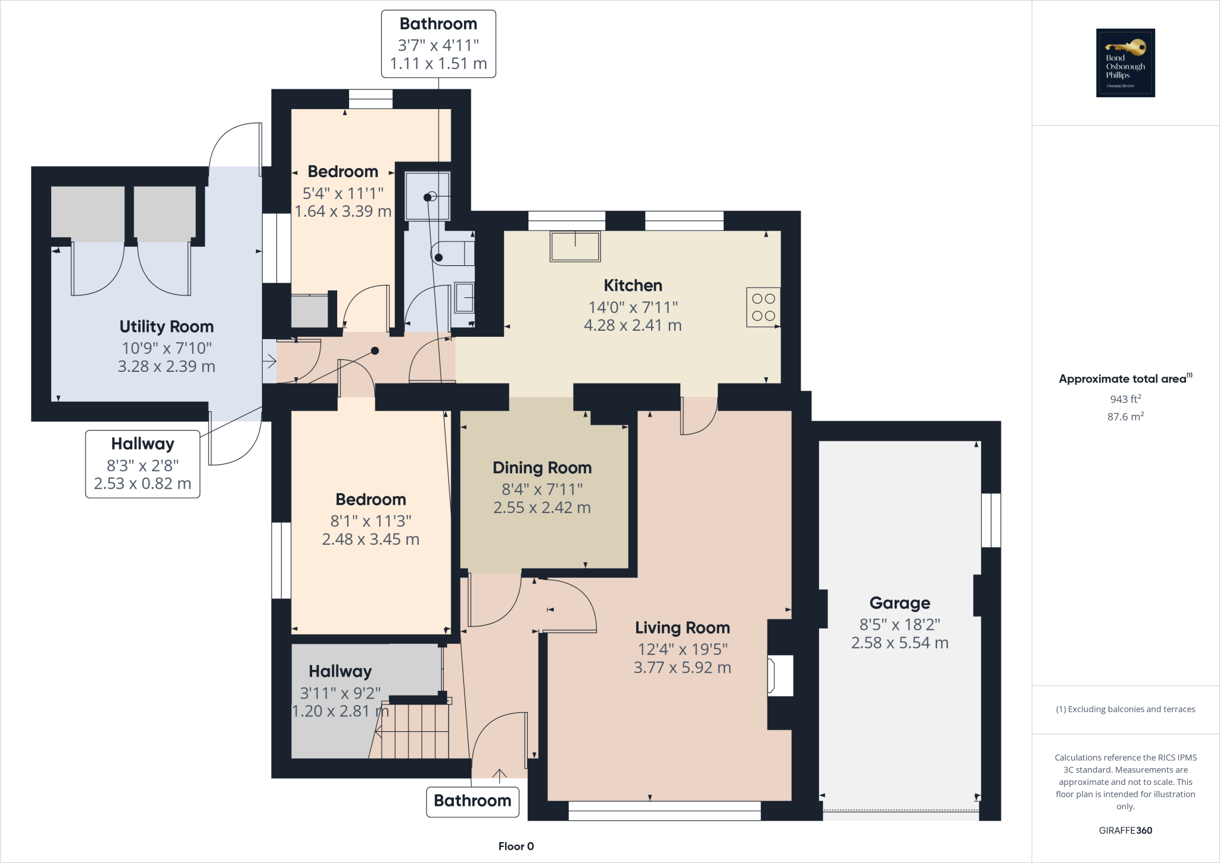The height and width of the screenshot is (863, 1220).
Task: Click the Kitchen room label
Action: click(633, 285)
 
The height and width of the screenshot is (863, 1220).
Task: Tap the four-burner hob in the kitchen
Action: click(763, 308)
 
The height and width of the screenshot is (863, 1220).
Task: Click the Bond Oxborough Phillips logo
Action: click(1125, 63)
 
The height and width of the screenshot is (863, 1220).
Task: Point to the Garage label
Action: click(900, 603)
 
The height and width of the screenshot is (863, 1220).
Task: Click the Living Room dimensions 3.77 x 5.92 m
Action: click(682, 668)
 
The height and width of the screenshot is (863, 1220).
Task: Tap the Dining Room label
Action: click(542, 468)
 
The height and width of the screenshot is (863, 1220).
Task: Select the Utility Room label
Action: click(166, 327)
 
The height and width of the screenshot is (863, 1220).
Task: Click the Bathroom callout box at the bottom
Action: click(472, 801)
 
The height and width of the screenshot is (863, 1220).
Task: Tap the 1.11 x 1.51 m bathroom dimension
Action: click(438, 64)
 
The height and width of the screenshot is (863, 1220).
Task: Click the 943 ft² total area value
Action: click(1125, 399)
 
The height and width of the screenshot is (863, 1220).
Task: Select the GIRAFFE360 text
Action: click(1125, 830)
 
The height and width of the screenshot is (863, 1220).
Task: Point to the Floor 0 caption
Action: click(516, 846)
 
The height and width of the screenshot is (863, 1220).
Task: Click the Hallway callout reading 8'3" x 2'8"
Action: click(142, 464)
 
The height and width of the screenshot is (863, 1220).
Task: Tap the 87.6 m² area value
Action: click(1125, 417)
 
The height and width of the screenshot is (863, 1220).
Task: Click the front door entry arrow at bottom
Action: click(499, 775)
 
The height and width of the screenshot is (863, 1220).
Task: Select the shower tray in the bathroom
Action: click(427, 196)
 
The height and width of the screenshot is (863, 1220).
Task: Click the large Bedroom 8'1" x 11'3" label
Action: click(371, 499)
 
